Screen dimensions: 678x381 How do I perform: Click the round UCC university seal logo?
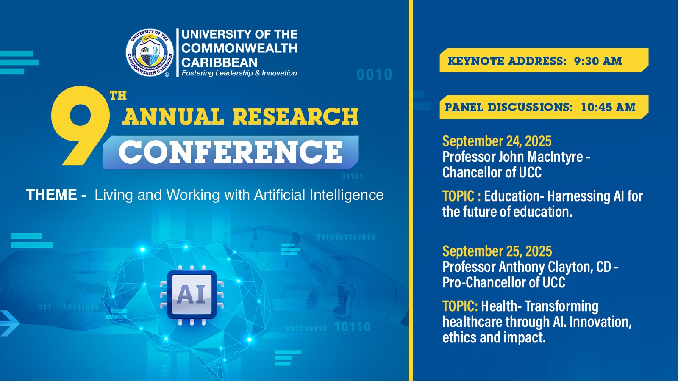[150, 53]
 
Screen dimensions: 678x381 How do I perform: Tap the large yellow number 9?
[80, 125]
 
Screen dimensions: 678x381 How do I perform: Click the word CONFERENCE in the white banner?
[231, 152]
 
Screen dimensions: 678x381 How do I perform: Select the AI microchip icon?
[192, 295]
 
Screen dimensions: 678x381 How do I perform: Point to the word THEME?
[51, 195]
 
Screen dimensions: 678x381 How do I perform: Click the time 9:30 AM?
[598, 61]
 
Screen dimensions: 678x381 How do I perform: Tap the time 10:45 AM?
[608, 108]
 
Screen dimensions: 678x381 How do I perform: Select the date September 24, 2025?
[497, 141]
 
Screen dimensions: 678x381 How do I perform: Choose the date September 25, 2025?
[497, 251]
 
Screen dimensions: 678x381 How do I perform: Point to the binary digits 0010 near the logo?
[375, 75]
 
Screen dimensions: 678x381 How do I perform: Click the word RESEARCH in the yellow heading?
[295, 116]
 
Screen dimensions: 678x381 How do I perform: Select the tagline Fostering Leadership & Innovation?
[239, 73]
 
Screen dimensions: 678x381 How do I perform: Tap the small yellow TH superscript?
[118, 96]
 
